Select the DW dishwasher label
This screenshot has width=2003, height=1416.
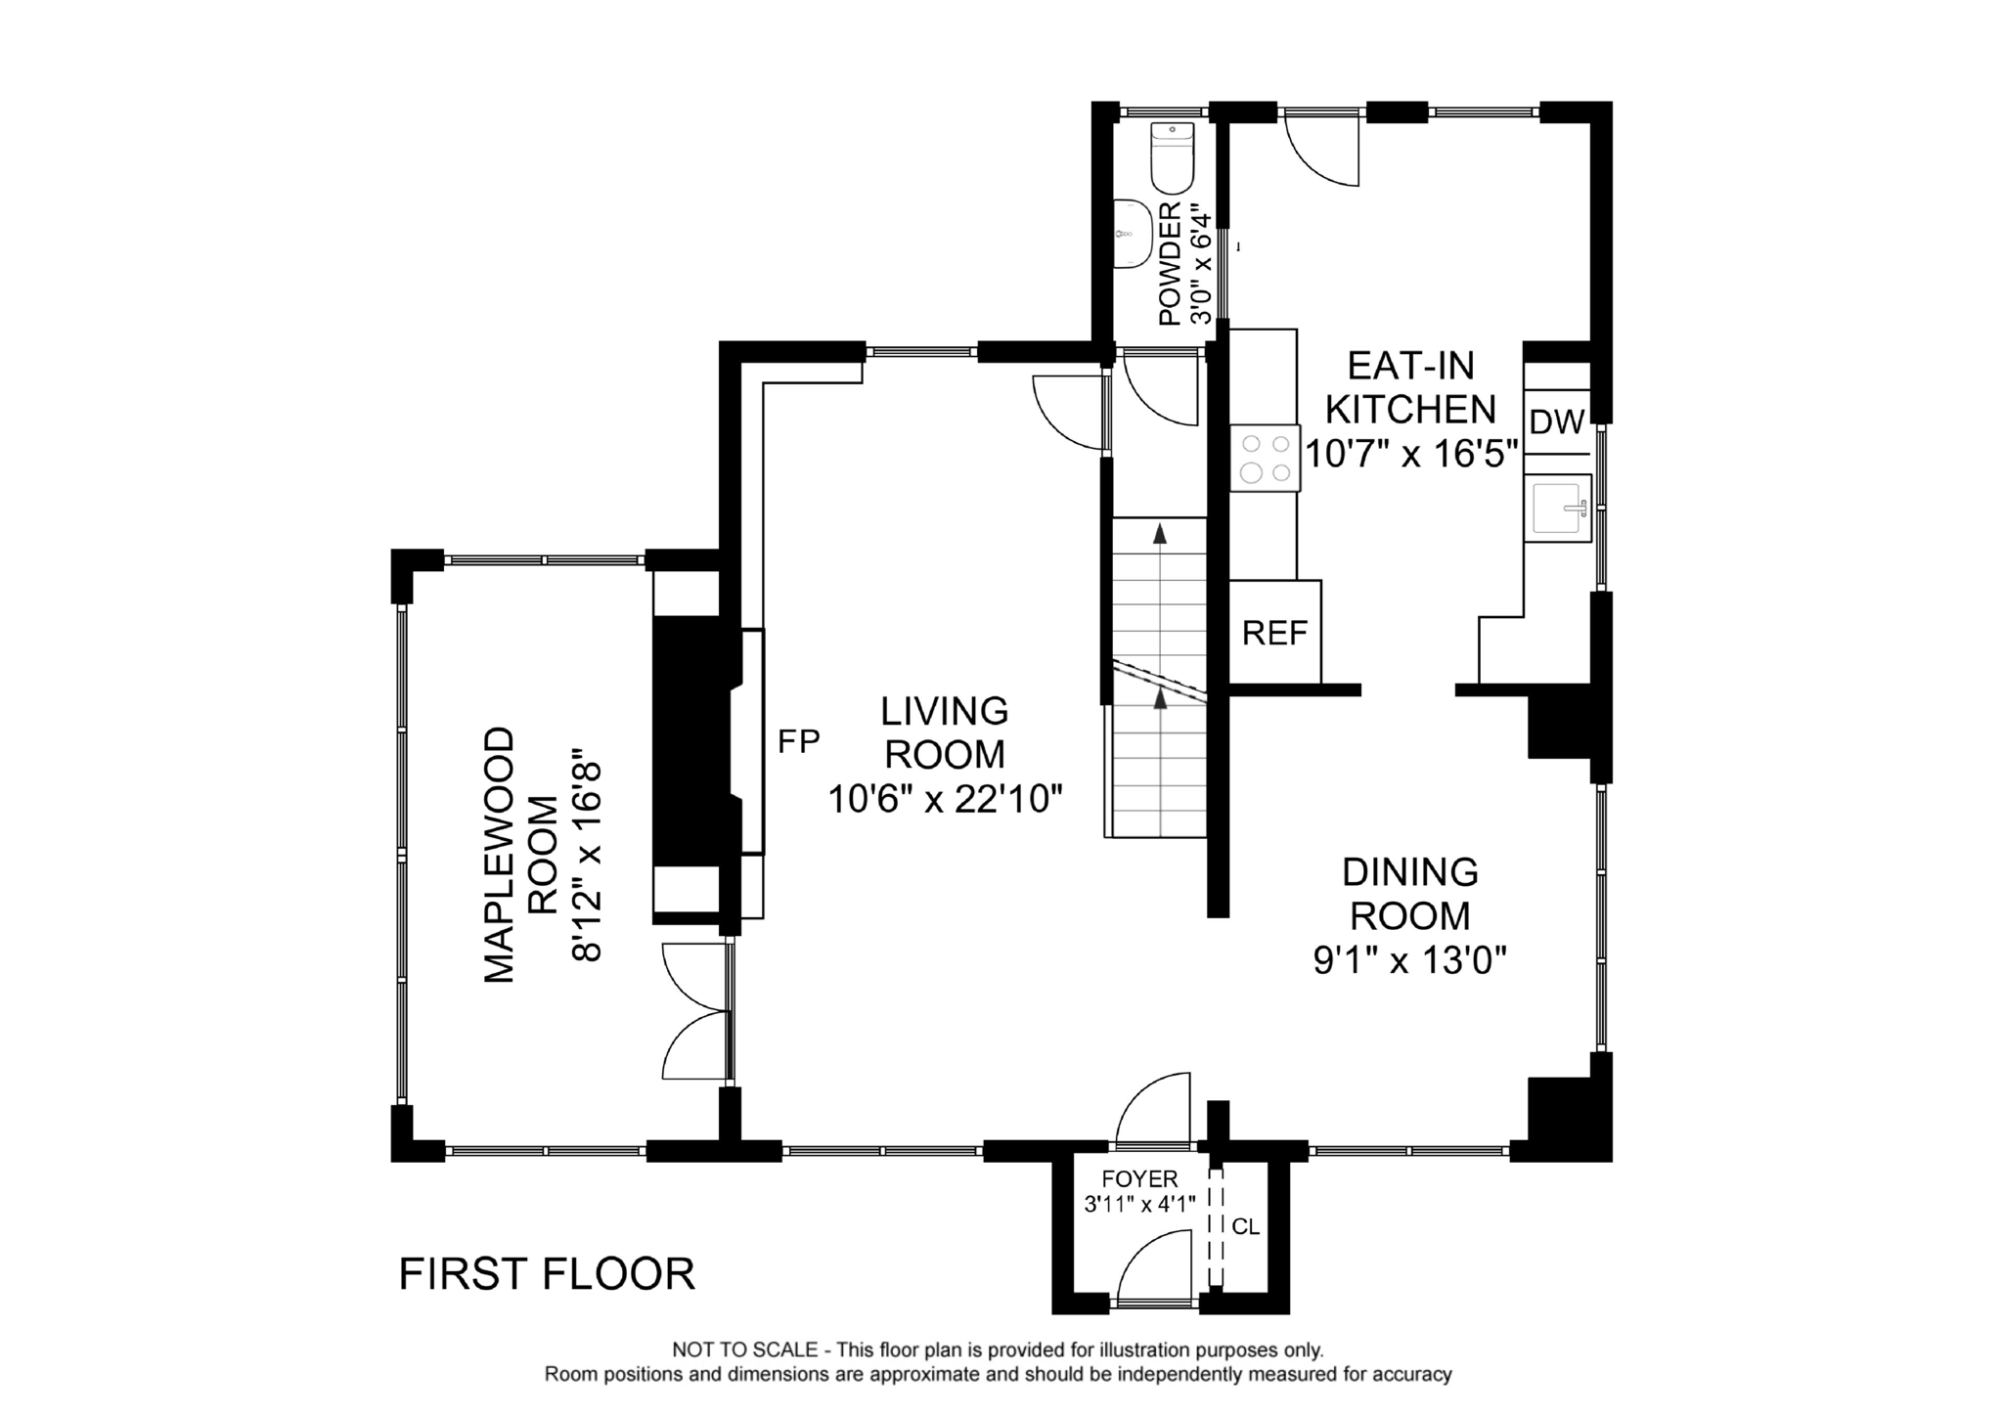tap(1556, 422)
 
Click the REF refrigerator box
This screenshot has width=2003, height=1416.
tap(1274, 633)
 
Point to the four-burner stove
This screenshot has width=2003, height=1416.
tap(1265, 459)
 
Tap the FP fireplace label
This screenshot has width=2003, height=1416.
tap(798, 742)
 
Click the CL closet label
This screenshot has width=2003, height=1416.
tap(1245, 1226)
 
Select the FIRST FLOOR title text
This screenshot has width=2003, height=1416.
tap(547, 1274)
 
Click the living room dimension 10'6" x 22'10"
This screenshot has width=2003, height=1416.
tap(945, 800)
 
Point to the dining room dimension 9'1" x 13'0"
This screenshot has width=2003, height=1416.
tap(1409, 961)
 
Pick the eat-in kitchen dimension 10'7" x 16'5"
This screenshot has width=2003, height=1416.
tap(1411, 454)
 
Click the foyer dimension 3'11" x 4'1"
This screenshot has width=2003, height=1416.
tap(1140, 1205)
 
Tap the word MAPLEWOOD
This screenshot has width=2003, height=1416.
tap(500, 854)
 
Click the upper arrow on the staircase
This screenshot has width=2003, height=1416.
tap(1160, 534)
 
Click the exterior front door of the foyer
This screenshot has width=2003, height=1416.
tap(1154, 1271)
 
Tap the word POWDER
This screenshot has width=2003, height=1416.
tap(1170, 264)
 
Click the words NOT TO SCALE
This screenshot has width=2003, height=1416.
tap(744, 1350)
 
